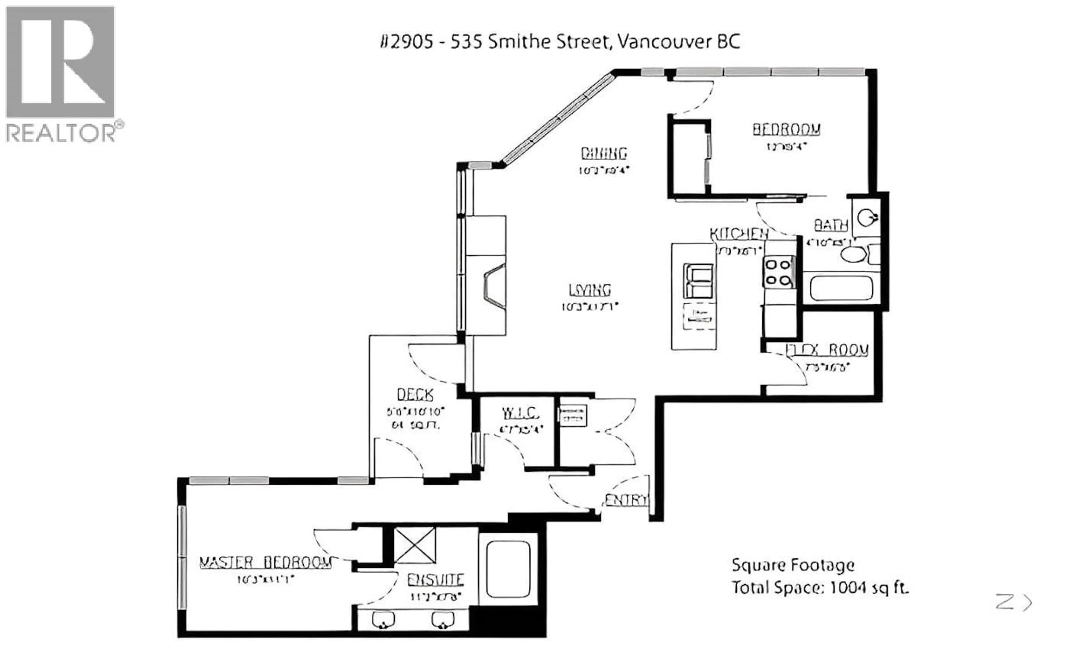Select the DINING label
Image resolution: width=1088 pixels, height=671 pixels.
[604, 154]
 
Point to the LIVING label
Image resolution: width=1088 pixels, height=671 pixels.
[590, 290]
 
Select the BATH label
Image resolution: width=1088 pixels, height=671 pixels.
[830, 225]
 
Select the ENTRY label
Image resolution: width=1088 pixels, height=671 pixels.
[626, 500]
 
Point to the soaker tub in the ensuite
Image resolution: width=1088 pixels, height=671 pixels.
[508, 569]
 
